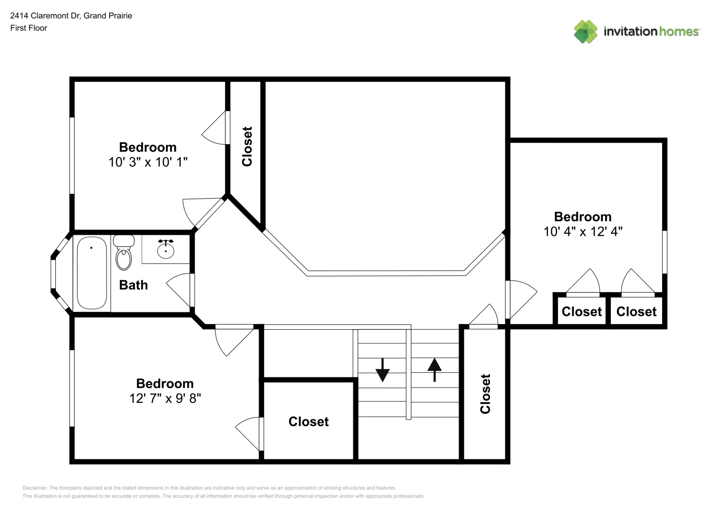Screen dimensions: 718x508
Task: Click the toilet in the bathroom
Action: [123, 252]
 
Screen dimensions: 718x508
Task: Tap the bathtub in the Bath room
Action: [92, 273]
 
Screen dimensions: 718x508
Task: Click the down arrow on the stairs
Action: [382, 370]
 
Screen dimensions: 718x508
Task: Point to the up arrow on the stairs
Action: [434, 370]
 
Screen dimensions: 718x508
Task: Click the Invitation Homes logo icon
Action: [585, 31]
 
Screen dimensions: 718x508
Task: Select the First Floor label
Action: [28, 28]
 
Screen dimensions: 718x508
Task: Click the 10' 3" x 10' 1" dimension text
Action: [148, 162]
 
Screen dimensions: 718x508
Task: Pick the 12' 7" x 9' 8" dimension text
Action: [165, 398]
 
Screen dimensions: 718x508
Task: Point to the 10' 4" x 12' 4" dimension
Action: [583, 232]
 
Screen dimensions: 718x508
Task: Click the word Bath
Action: [134, 285]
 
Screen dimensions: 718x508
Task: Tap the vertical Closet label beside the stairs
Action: [485, 394]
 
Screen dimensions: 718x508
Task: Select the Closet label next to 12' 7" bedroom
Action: [309, 422]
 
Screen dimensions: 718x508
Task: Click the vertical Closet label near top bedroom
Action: [247, 147]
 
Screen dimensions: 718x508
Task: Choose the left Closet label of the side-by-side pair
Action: [582, 312]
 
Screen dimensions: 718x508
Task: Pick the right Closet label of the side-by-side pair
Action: [637, 312]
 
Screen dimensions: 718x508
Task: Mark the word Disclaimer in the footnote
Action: [35, 488]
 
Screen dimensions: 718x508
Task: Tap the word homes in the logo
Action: [678, 31]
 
